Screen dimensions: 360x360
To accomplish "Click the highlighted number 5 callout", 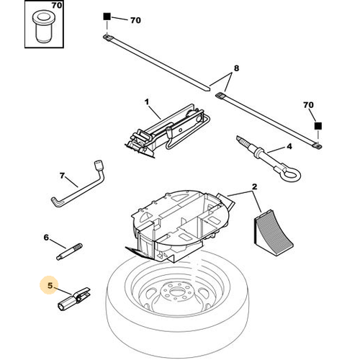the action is pos(50,286).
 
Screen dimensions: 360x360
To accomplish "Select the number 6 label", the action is pos(46,238).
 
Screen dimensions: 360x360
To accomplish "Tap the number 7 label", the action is pos(62,176).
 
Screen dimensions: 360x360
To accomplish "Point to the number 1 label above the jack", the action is pos(147,102).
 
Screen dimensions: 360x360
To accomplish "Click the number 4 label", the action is pos(289,146).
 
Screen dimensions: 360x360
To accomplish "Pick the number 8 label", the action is pos(236,68).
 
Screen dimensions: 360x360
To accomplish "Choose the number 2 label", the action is pos(254,186).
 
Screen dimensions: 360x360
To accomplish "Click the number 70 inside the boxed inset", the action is pos(57,5).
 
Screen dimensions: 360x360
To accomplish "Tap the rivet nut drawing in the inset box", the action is pos(43,27).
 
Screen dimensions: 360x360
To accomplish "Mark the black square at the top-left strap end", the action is pos(107,17).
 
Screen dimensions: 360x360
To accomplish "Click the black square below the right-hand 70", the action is pos(318,126).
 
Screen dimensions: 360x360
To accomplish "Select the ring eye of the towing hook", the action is pos(291,174).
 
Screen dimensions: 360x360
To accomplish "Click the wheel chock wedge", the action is pos(273,233).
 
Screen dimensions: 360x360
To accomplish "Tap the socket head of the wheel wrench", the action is pos(99,166).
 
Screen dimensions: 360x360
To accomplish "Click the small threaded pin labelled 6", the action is pos(70,251).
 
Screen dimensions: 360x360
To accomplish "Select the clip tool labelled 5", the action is pos(74,299).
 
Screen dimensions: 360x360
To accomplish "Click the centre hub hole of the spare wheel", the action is pos(177,292).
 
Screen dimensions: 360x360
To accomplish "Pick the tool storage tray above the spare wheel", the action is pos(180,225).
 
